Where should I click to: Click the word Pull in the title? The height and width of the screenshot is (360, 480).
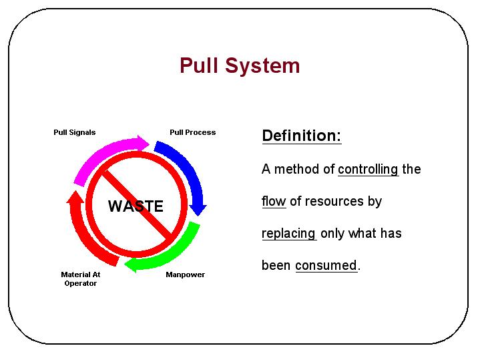[199, 65]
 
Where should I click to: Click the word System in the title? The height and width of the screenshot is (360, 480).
[262, 67]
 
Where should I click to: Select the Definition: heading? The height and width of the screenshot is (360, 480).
[302, 136]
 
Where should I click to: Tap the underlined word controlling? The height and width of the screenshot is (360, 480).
[369, 170]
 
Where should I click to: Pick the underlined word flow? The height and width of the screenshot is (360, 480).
[274, 201]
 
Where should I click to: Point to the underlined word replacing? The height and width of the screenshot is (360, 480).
[289, 234]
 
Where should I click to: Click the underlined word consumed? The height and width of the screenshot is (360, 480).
[326, 265]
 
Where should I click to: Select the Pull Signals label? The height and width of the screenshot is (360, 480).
[74, 132]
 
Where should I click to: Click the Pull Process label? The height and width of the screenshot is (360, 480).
[193, 132]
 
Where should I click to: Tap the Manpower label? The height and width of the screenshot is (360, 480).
[186, 275]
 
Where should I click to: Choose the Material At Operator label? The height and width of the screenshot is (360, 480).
[81, 279]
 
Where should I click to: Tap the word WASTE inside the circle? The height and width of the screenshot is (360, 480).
[136, 206]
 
